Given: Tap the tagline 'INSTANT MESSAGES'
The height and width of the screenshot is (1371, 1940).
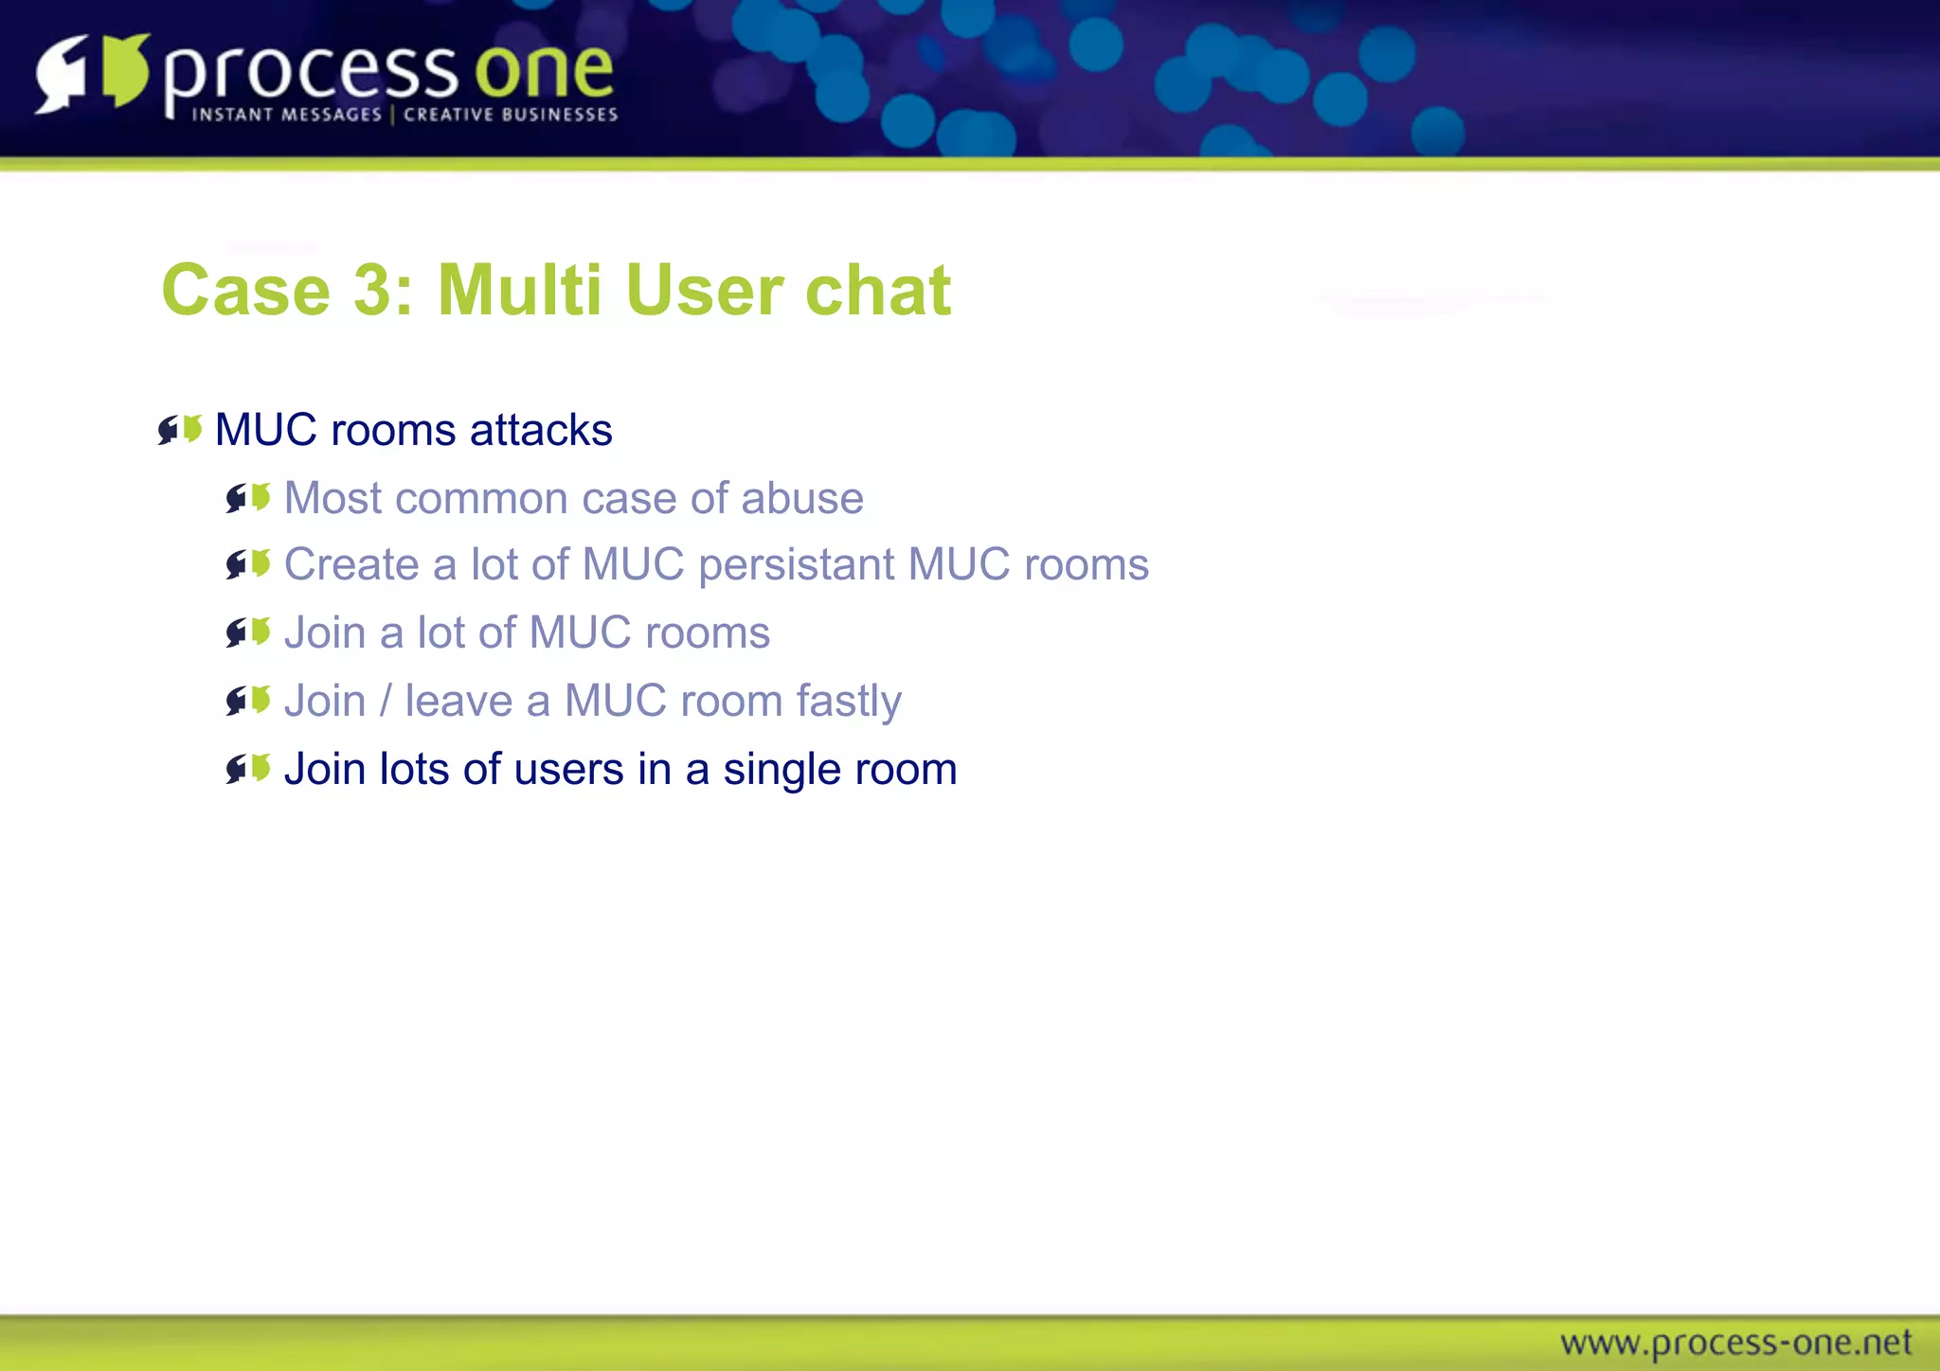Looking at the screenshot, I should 287,115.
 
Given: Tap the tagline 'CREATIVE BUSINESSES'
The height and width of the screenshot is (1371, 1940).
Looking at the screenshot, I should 511,115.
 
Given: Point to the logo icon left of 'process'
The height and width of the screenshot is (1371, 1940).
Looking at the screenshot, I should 93,74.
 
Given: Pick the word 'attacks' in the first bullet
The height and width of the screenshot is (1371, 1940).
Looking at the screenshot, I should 541,430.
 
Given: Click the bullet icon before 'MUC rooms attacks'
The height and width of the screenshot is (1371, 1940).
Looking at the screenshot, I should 180,430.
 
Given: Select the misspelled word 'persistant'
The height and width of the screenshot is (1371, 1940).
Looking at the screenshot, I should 796,565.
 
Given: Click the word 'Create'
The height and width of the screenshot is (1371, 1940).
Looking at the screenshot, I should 351,565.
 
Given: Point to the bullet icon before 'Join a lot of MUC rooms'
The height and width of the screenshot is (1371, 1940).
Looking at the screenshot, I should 248,632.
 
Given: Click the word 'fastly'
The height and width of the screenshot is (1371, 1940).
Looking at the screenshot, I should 849,702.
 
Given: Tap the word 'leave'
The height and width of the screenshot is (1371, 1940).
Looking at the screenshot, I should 458,702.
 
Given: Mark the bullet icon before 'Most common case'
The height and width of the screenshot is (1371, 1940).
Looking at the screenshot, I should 248,498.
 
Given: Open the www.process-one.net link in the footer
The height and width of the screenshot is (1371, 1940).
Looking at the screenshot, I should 1735,1343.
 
